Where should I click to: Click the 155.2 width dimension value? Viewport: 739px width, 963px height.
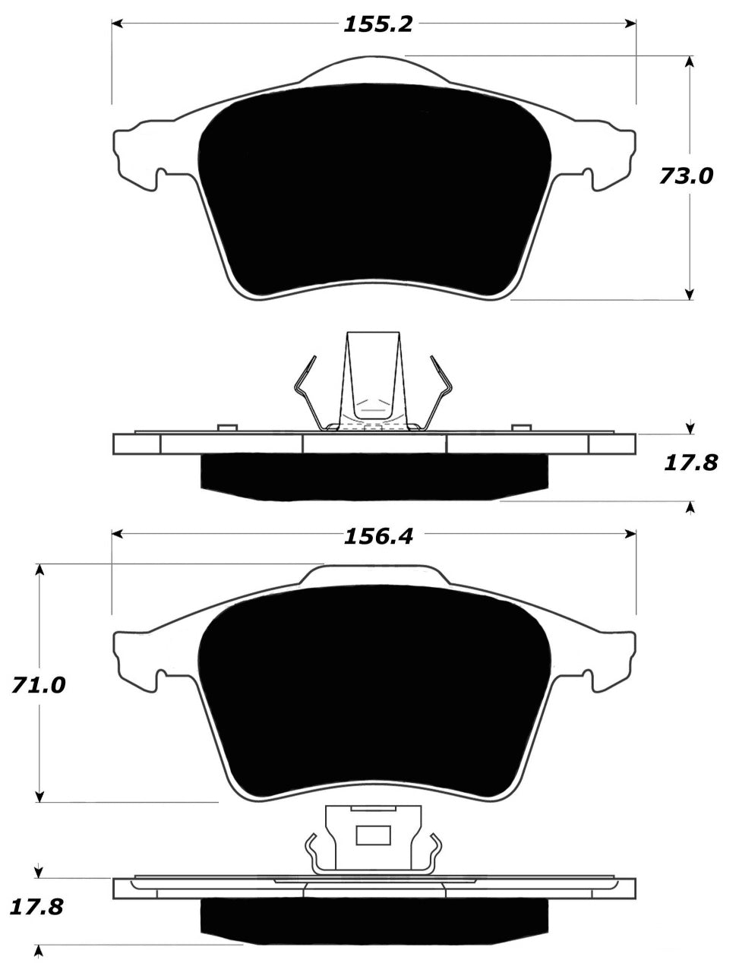tap(377, 24)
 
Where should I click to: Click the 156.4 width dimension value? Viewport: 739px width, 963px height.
tap(377, 536)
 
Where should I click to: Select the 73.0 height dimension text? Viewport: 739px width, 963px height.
tap(686, 176)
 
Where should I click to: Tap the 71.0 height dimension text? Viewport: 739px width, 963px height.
tap(38, 685)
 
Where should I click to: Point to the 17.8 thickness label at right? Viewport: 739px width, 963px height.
tap(690, 462)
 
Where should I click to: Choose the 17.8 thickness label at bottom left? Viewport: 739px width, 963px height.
tap(36, 906)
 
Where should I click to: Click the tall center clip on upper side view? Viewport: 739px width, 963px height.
tap(372, 380)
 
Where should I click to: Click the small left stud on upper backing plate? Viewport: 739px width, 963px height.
tap(226, 429)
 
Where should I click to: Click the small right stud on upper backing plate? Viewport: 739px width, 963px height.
tap(520, 429)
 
